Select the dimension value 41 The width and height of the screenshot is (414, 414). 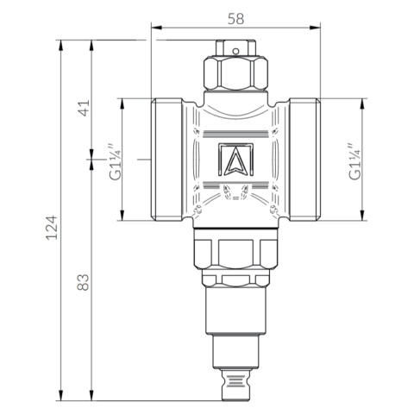(84, 109)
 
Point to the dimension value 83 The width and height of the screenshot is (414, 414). (84, 282)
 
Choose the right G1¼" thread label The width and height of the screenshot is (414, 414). (354, 161)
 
